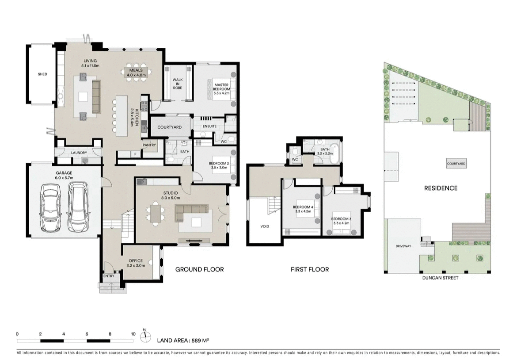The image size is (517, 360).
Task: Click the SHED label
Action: click(x=42, y=74)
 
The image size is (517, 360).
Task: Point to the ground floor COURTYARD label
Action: click(x=170, y=127)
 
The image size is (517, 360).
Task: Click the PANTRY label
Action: click(x=148, y=145)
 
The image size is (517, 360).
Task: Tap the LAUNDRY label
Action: click(x=79, y=153)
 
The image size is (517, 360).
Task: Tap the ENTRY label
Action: click(x=109, y=276)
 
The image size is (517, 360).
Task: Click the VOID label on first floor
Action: click(x=264, y=226)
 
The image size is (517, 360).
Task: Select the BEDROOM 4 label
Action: click(x=303, y=209)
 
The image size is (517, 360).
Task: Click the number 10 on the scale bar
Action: click(x=133, y=334)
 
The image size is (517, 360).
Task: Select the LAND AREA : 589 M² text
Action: click(x=183, y=341)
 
